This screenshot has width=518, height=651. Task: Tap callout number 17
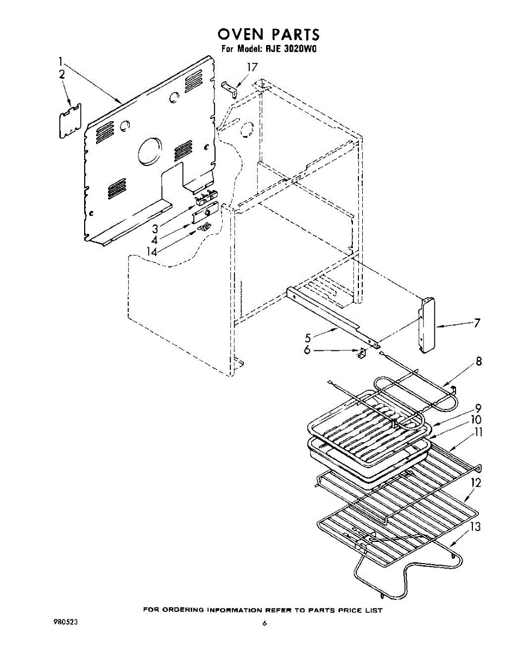pos(251,67)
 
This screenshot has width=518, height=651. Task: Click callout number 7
pos(476,323)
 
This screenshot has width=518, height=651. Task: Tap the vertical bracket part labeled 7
pos(426,325)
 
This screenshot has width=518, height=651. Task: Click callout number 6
pos(307,350)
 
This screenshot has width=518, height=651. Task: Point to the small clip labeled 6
pos(361,353)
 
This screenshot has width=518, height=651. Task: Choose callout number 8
pos(478,362)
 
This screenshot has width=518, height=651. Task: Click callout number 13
pos(476,526)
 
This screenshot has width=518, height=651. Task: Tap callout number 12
pos(476,482)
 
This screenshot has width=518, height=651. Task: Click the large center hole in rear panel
pos(149,151)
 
